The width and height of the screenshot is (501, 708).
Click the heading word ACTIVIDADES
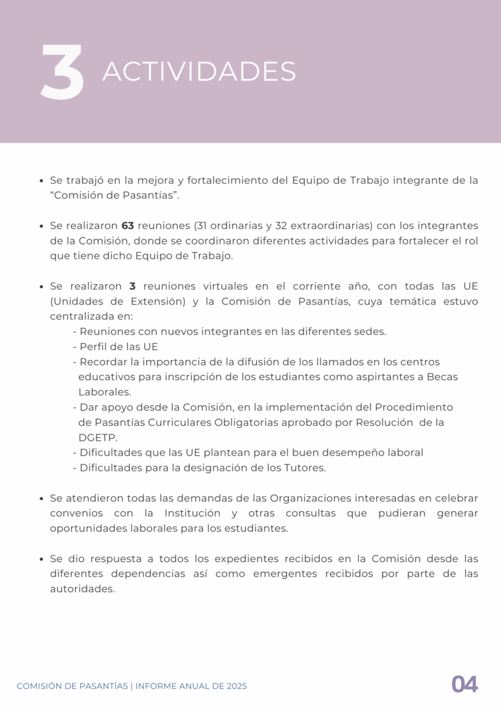(x=199, y=72)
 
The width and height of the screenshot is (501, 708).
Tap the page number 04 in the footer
(x=464, y=685)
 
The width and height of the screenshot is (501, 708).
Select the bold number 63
(x=128, y=226)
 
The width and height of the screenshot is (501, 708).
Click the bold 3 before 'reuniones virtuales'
(x=132, y=286)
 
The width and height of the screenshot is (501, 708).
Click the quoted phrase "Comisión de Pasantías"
(x=114, y=196)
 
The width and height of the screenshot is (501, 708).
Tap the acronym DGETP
(x=97, y=437)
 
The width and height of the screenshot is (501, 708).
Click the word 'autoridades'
(x=82, y=589)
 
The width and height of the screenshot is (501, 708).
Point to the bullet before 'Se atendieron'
(x=42, y=499)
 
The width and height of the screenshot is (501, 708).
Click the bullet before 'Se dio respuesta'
(x=42, y=559)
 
